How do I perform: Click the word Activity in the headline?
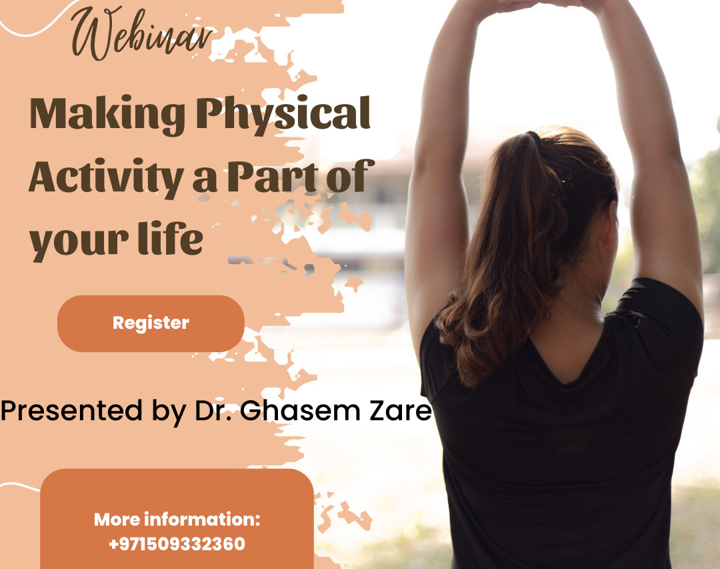point(106,177)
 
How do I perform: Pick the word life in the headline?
point(171,237)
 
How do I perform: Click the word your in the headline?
point(79,243)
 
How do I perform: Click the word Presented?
point(71,410)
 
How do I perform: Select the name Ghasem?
point(300,410)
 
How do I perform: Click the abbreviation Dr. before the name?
point(213,410)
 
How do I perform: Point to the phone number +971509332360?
point(177,544)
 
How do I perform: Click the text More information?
point(177,520)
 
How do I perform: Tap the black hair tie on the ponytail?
point(533,137)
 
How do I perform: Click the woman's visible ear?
point(609,226)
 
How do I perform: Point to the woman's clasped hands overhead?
point(538,4)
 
